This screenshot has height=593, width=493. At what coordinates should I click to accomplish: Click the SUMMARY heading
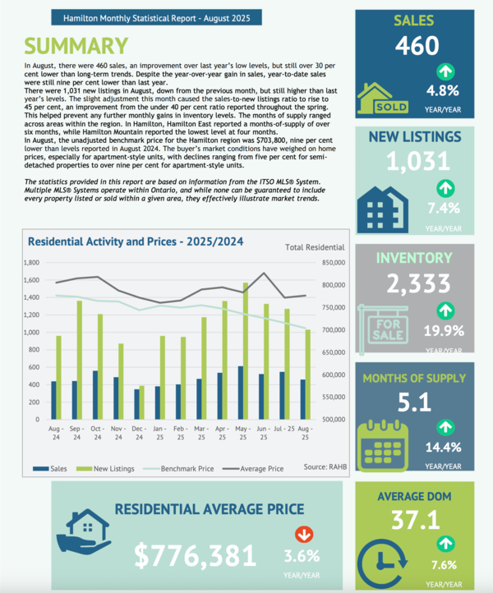[76, 46]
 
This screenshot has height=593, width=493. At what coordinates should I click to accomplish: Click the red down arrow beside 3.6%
[304, 534]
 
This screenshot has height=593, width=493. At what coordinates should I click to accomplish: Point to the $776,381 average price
[196, 555]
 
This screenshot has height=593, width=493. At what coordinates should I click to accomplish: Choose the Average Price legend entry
[257, 468]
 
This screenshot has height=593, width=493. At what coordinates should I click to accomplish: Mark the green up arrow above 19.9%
[445, 310]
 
